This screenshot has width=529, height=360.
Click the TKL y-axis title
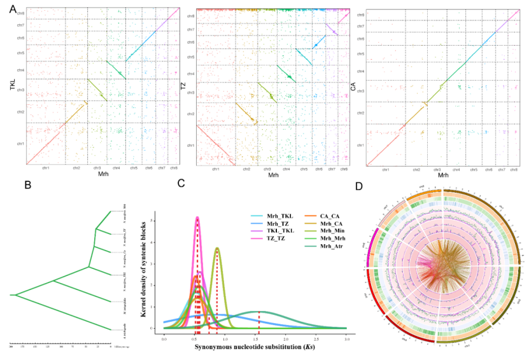point(12,92)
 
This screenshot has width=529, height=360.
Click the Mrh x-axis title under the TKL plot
point(100,173)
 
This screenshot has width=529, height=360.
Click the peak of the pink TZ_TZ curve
point(197,218)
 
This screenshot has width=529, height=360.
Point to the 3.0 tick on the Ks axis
point(346,334)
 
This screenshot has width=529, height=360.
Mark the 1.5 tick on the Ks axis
point(255,334)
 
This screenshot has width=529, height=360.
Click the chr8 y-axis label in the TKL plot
point(21,13)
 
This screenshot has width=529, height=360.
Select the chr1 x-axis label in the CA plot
point(385,170)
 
